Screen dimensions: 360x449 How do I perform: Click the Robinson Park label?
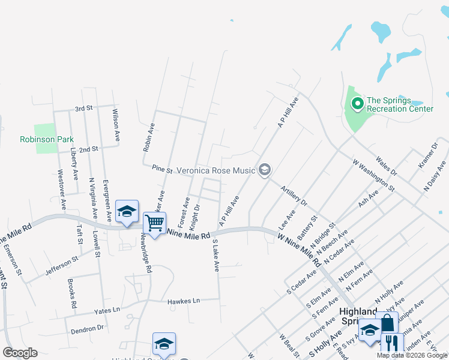click(46, 139)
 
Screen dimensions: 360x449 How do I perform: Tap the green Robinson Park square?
click(44, 133)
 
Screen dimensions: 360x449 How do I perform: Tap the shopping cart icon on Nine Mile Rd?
click(154, 224)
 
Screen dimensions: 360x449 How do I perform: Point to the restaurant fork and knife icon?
click(391, 344)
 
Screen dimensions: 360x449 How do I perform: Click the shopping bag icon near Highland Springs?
click(387, 323)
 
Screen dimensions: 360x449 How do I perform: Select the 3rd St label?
click(83, 109)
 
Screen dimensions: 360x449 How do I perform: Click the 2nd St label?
click(88, 149)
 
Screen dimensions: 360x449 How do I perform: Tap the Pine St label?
click(162, 170)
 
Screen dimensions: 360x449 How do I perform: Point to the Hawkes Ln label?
click(183, 301)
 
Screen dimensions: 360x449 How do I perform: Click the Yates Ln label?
click(107, 311)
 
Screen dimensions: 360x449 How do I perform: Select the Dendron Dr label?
click(88, 329)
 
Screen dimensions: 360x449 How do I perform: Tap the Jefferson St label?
click(62, 267)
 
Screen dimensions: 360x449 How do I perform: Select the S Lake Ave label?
click(217, 255)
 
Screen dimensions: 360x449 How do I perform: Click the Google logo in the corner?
click(20, 353)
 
